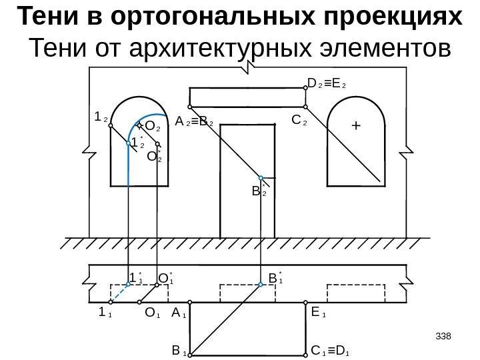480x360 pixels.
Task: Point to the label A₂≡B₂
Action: click(x=194, y=123)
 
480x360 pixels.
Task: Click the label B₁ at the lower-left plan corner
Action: click(x=179, y=349)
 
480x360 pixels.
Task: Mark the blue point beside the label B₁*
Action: click(x=261, y=284)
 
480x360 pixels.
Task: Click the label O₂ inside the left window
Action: click(x=153, y=126)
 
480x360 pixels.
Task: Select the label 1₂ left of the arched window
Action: click(x=101, y=117)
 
